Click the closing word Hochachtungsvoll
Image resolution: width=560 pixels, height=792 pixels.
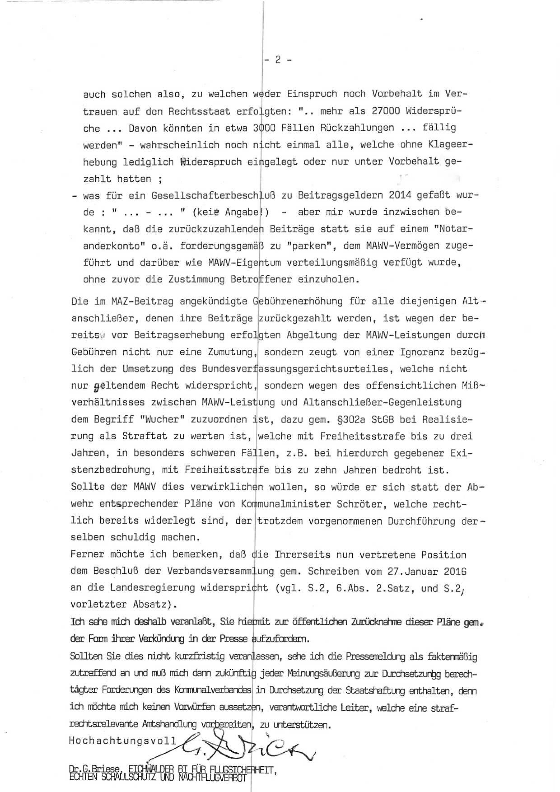coord(122,740)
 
